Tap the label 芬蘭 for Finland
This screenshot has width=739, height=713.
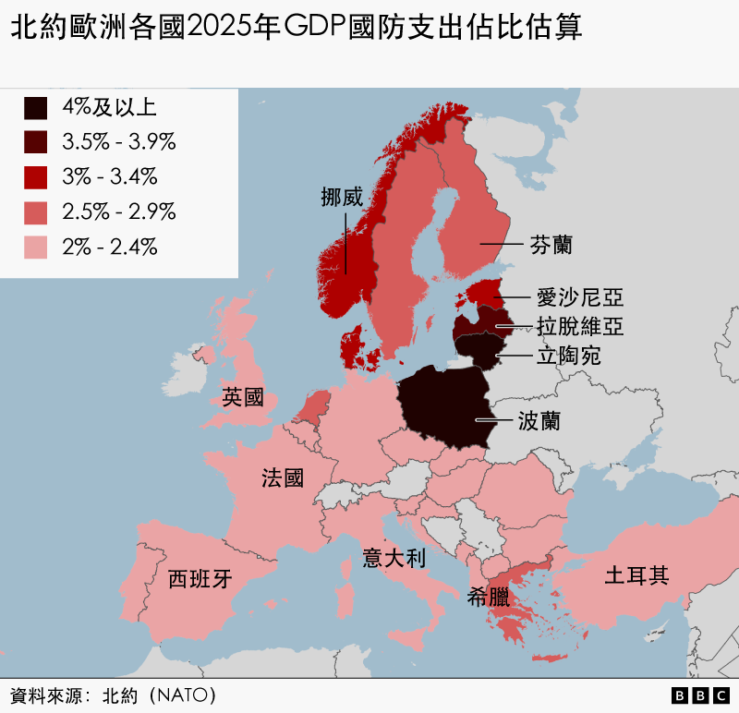tap(551, 245)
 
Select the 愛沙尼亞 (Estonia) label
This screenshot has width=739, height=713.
tap(580, 297)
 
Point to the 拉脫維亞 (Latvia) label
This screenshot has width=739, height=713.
tap(580, 326)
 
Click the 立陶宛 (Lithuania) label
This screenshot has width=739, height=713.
tap(569, 355)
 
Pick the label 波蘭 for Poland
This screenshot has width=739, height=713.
tap(539, 421)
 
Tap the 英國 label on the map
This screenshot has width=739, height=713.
tap(243, 398)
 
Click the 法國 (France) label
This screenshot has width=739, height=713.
tap(282, 477)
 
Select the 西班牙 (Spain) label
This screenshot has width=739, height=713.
tap(200, 579)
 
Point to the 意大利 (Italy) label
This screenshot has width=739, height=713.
tap(394, 558)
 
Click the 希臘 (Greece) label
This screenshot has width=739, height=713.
tap(489, 597)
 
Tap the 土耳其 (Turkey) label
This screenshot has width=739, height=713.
tap(636, 576)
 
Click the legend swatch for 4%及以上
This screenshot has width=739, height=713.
tap(36, 108)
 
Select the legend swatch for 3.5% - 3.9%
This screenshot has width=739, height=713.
tap(36, 142)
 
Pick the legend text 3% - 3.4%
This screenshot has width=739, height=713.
tap(109, 176)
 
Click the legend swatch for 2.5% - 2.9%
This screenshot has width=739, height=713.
tap(36, 212)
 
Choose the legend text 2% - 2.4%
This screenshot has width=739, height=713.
tap(109, 247)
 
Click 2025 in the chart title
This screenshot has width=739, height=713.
tap(222, 28)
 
